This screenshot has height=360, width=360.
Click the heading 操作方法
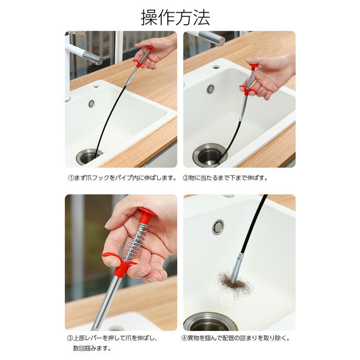176,18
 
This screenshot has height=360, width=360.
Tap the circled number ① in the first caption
71,178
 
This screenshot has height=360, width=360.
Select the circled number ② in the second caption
185,178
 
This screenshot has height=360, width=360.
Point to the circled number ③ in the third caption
70,338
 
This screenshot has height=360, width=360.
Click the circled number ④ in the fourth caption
184,338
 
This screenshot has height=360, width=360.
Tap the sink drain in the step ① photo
89,157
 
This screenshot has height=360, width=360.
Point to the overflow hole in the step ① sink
91,104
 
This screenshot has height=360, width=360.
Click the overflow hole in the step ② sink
211,89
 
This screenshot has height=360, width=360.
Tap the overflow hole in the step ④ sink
218,227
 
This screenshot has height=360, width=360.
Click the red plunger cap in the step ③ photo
146,214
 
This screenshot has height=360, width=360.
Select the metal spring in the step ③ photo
135,241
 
